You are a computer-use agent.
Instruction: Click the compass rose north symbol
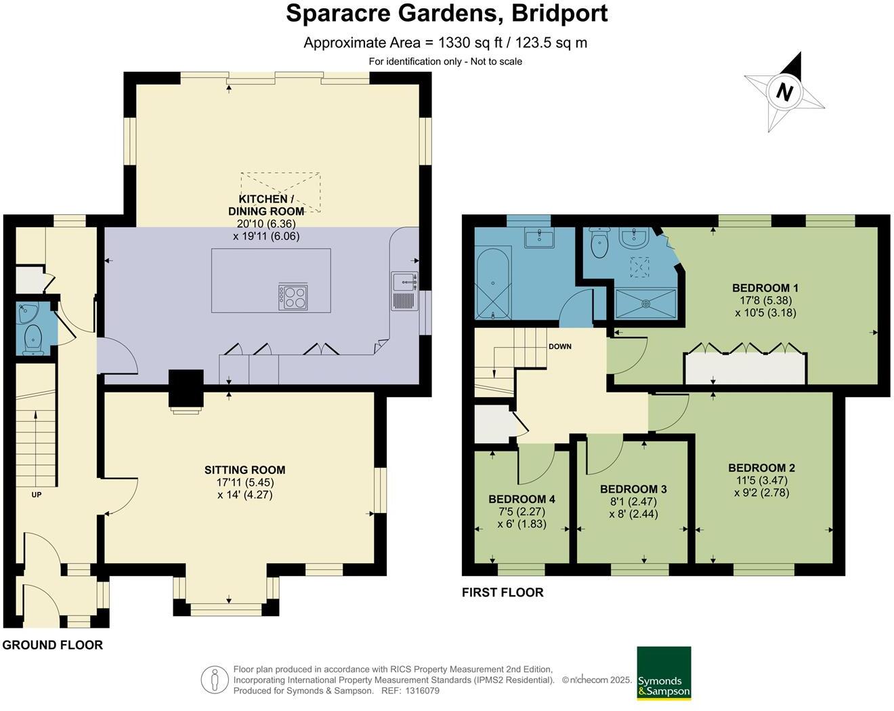tap(784, 92)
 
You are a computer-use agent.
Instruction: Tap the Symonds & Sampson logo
tap(664, 673)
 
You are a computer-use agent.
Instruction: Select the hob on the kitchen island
tap(293, 297)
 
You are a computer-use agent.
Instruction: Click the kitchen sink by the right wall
tap(404, 280)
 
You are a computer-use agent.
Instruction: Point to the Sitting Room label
tap(244, 470)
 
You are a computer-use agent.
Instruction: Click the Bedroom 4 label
tap(521, 500)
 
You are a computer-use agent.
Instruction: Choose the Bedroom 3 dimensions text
tap(633, 508)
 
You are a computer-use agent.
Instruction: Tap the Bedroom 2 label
tap(761, 468)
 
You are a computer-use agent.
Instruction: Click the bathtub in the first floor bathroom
tap(492, 284)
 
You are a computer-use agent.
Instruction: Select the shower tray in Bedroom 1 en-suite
tap(645, 302)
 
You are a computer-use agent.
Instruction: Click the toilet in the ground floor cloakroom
tap(33, 339)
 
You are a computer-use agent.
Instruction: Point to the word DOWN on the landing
tap(559, 346)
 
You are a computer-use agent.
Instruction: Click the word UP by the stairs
tap(37, 495)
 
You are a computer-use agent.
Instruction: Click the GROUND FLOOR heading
tap(52, 645)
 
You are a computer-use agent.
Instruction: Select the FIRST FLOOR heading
tap(502, 592)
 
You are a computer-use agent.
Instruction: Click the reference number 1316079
tap(422, 691)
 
